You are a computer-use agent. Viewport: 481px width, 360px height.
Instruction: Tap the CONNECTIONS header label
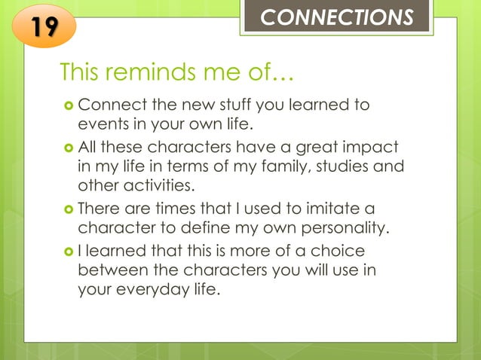[x=337, y=17]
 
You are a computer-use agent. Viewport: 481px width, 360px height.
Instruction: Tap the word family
[x=270, y=165]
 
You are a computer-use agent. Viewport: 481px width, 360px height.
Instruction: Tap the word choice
[x=337, y=249]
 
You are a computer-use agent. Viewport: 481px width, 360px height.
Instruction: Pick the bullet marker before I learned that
[x=66, y=250]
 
